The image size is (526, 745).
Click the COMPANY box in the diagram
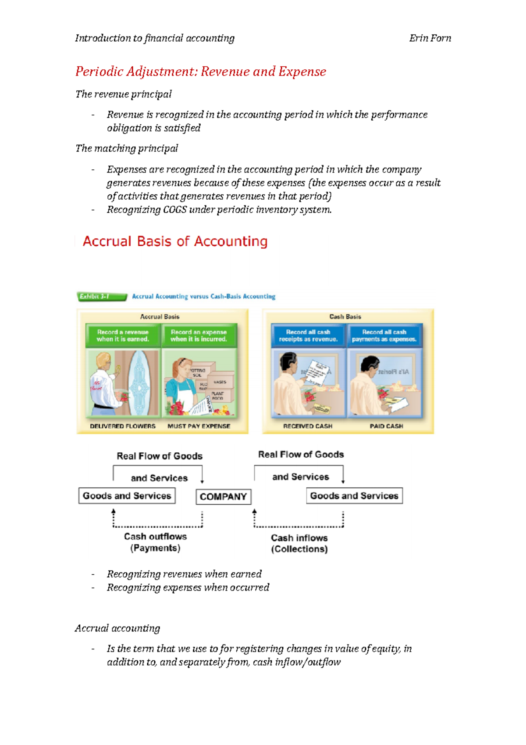click(x=223, y=497)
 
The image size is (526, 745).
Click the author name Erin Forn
click(x=430, y=38)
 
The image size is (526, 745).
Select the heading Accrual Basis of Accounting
click(x=175, y=241)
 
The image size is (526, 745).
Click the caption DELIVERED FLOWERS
click(x=123, y=426)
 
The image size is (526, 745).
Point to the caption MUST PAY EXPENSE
click(x=199, y=426)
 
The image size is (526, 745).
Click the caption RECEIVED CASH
click(x=308, y=426)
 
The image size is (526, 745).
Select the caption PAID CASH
click(x=386, y=426)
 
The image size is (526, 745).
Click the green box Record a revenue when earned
click(x=123, y=336)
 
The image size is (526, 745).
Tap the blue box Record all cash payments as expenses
click(x=384, y=336)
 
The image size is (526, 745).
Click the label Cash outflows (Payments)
click(x=155, y=542)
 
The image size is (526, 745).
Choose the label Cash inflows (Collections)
click(x=299, y=544)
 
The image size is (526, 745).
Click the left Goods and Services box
click(x=127, y=496)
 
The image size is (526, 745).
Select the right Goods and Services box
click(x=354, y=496)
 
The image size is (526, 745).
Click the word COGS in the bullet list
click(x=175, y=210)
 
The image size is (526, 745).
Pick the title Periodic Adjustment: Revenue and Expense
click(x=201, y=72)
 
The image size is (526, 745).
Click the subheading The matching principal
click(x=127, y=148)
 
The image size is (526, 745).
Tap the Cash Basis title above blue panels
click(x=345, y=316)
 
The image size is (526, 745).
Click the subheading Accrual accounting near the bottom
click(x=117, y=628)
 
